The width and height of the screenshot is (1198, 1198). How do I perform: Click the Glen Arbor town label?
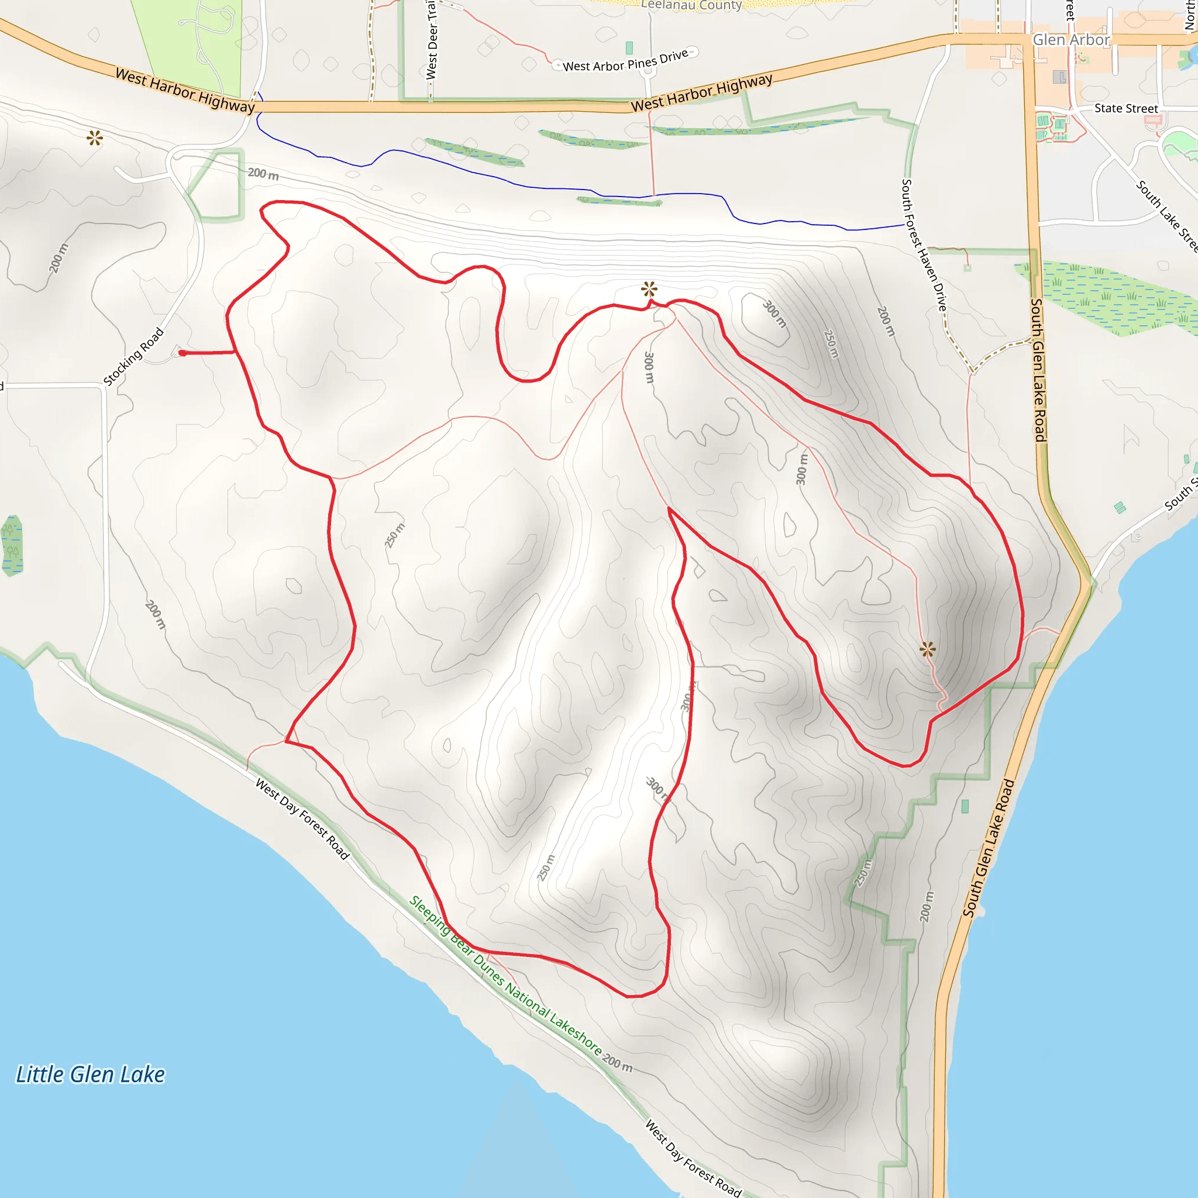tap(1071, 40)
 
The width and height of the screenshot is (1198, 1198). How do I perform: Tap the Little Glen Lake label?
tap(91, 1075)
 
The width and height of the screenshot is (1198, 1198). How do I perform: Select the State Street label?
tap(1125, 109)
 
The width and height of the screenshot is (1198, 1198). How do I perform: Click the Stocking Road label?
tap(133, 357)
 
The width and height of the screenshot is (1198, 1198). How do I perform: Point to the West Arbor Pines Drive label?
tap(625, 61)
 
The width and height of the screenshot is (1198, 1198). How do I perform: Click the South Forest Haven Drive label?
tap(924, 246)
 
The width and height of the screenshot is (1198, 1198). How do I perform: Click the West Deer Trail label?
tap(432, 40)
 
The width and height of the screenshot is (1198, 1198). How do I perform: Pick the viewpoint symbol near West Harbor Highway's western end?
tap(95, 137)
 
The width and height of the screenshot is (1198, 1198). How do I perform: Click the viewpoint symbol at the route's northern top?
tap(649, 289)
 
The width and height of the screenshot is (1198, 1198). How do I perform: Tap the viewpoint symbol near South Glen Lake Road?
tap(928, 650)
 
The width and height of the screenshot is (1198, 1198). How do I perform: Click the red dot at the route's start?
tap(183, 353)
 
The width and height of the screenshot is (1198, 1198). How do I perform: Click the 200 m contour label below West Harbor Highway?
tap(263, 174)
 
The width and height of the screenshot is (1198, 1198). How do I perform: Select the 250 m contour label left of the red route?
tap(394, 536)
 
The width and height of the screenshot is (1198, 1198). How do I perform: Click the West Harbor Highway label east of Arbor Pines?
tap(701, 92)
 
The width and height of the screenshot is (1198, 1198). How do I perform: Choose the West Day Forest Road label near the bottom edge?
tap(693, 1158)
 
